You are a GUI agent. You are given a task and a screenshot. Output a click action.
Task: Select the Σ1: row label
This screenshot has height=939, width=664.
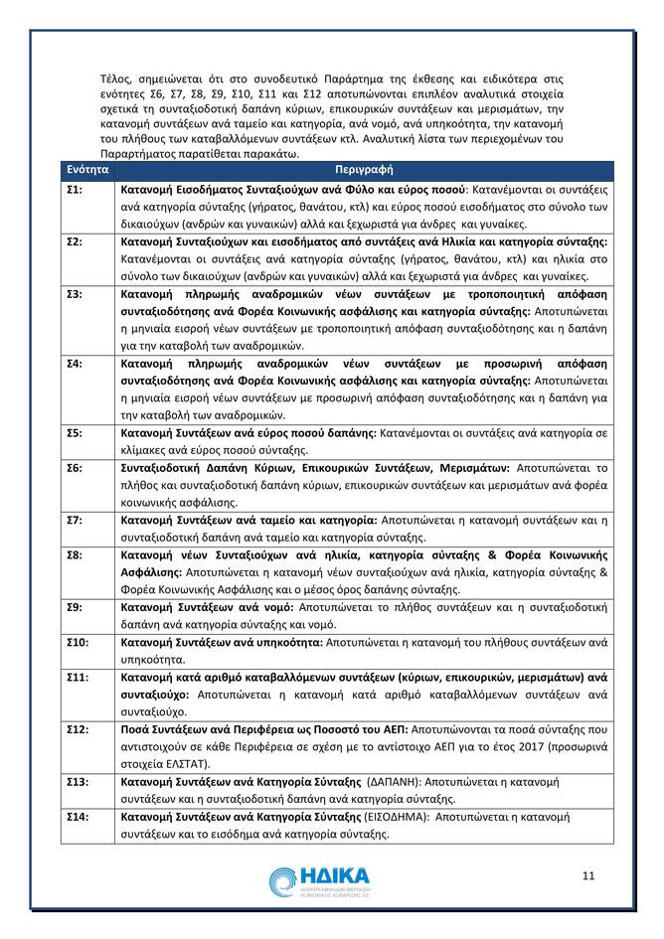(75, 188)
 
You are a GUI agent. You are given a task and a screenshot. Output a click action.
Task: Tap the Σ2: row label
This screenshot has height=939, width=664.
(75, 241)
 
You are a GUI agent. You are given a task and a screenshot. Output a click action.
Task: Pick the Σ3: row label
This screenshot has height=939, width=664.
(75, 295)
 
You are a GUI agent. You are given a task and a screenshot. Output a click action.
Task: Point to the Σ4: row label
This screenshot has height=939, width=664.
(75, 364)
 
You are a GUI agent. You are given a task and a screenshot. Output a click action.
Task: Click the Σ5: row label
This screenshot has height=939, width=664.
(75, 433)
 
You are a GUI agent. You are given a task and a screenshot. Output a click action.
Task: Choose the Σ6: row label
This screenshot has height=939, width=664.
(75, 467)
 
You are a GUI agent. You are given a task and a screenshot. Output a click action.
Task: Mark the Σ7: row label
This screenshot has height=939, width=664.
(75, 520)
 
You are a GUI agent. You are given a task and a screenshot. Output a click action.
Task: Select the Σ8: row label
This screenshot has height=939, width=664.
(75, 553)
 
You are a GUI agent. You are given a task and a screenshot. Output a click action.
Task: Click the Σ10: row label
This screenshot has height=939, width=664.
(78, 642)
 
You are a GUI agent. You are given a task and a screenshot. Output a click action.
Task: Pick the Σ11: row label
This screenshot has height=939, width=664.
(78, 677)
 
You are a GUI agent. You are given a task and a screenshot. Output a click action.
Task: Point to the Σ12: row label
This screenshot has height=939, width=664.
(78, 728)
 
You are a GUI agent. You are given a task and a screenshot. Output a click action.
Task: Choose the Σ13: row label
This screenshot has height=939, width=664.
(78, 782)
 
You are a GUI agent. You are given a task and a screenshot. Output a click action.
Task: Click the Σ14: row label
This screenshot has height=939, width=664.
(78, 817)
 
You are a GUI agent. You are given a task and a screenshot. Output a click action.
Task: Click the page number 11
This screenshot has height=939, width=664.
(588, 874)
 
